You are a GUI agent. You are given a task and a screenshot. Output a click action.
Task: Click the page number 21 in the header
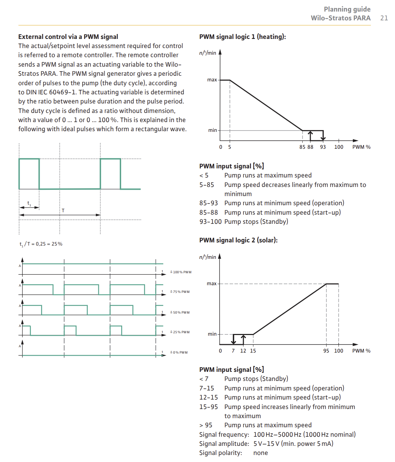tap(384, 18)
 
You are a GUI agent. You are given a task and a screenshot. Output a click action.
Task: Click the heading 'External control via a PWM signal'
tap(68, 37)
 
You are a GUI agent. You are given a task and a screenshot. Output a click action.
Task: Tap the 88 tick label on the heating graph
tap(310, 147)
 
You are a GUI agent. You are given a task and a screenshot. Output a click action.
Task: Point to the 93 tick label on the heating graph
tap(323, 147)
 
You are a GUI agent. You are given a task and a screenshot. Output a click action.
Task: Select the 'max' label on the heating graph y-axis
tap(212, 80)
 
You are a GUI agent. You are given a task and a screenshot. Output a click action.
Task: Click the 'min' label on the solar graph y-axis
tap(212, 334)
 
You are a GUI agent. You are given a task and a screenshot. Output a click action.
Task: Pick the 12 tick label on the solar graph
tap(243, 351)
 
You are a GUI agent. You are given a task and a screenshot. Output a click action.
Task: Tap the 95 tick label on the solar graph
tap(326, 351)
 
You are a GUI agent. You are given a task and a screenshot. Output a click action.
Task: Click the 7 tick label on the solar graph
tap(233, 351)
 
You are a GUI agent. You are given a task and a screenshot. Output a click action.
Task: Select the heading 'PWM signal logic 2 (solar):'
tap(238, 240)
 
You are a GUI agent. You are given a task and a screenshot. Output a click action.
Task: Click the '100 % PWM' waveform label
tap(182, 272)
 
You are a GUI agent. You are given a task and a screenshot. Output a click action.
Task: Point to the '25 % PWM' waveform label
tap(180, 332)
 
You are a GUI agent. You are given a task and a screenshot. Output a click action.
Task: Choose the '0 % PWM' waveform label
tap(180, 353)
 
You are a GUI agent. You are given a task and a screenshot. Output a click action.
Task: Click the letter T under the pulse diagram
tap(63, 210)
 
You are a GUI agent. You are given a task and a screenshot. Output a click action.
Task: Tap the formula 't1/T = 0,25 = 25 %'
tap(41, 244)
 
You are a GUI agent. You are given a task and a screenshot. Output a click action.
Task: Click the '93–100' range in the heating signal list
tap(210, 222)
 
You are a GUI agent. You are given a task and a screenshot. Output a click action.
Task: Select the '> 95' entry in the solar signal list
tap(206, 425)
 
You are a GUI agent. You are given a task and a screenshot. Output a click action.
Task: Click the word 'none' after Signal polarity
tap(261, 453)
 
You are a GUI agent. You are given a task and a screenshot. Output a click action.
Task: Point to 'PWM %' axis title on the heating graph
tap(361, 147)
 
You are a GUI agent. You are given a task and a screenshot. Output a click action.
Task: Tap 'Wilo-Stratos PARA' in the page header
tap(341, 18)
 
